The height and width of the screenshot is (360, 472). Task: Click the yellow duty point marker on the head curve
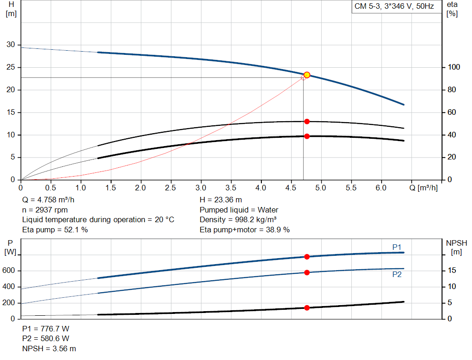click(x=307, y=75)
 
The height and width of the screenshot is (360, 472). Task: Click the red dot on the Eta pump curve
click(x=307, y=122)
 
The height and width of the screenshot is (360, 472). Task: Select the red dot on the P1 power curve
click(x=307, y=257)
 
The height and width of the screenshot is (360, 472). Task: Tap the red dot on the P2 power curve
click(x=307, y=272)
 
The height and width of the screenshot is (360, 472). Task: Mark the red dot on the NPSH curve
click(x=307, y=307)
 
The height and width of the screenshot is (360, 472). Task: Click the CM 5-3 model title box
click(x=394, y=6)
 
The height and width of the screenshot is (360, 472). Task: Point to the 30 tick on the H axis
click(x=10, y=45)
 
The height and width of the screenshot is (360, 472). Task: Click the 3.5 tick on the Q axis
click(x=230, y=188)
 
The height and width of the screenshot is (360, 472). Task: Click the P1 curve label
click(x=397, y=248)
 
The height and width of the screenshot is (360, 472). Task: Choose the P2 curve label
click(x=397, y=274)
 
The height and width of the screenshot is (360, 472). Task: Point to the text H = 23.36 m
click(x=221, y=200)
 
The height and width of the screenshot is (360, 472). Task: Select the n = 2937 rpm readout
click(x=45, y=210)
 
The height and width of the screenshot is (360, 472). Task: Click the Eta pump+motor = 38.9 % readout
click(x=245, y=230)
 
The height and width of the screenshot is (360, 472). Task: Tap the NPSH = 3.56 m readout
click(x=49, y=348)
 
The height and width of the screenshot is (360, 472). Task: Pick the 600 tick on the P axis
click(x=10, y=271)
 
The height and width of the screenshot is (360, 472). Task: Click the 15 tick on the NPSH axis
click(x=452, y=271)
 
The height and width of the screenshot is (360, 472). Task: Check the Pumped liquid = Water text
click(x=239, y=210)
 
